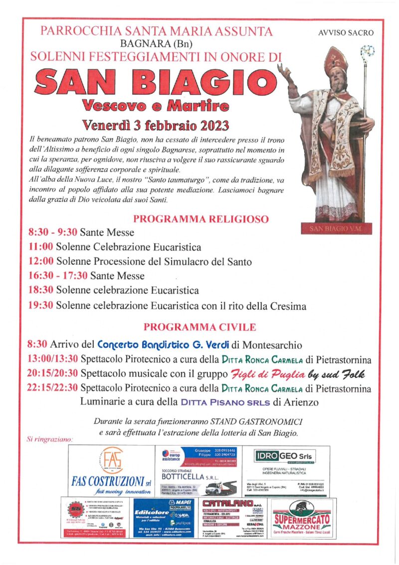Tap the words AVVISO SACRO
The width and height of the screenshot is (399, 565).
[x=345, y=33]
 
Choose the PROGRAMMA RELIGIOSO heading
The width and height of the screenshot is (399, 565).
[x=200, y=219]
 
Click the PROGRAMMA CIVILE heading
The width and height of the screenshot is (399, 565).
[x=199, y=327]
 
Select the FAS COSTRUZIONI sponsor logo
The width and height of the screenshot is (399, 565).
[x=112, y=471]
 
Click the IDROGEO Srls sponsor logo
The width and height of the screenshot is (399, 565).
[x=285, y=456]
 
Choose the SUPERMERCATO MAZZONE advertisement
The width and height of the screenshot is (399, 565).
[x=301, y=519]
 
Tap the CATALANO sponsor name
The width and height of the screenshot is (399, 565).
[x=228, y=503]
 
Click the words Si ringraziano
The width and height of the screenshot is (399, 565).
[x=49, y=440]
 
